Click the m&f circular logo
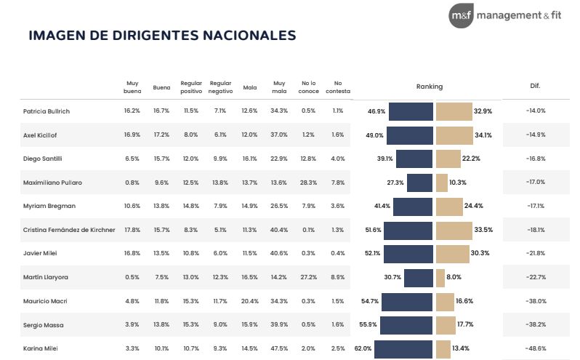(x=461, y=15)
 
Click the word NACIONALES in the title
(x=249, y=35)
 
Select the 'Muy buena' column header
(x=132, y=87)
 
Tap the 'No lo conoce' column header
(x=308, y=87)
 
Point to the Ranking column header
(x=429, y=87)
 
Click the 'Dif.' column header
(x=535, y=86)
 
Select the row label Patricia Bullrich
(x=47, y=111)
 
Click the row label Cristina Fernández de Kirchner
(x=69, y=230)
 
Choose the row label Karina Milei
(x=40, y=348)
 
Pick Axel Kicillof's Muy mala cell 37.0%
(x=279, y=135)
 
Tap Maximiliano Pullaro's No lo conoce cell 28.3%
(x=308, y=183)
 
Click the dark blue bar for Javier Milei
(x=408, y=254)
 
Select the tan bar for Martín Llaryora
(x=440, y=278)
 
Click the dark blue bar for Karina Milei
(x=403, y=349)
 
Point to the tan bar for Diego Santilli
(x=448, y=159)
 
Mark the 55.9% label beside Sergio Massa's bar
(x=368, y=324)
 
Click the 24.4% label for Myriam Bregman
(x=473, y=206)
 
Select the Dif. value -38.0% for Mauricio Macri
(x=536, y=301)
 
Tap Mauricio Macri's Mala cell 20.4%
(x=250, y=301)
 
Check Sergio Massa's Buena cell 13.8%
(x=161, y=324)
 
